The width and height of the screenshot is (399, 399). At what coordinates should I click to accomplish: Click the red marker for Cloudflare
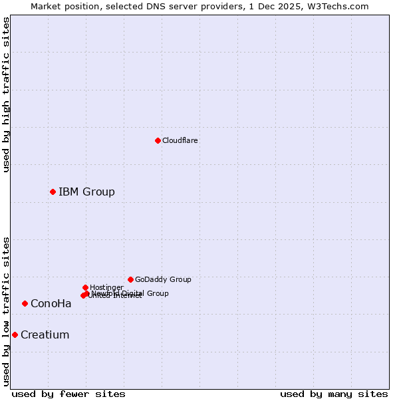(158, 140)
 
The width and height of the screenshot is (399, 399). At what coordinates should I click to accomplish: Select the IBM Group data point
(53, 192)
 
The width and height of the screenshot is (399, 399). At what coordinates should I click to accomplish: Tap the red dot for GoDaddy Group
(130, 279)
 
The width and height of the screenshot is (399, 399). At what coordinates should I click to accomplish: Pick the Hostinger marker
(85, 287)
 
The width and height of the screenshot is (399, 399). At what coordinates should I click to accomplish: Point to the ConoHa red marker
(25, 303)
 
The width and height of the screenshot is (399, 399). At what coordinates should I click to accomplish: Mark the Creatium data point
(15, 334)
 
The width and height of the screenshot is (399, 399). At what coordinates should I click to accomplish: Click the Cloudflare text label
(180, 140)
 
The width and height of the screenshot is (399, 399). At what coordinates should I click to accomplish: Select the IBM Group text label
(86, 192)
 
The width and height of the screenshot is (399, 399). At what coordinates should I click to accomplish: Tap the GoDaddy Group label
(163, 279)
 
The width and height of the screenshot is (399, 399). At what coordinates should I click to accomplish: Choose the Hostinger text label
(106, 287)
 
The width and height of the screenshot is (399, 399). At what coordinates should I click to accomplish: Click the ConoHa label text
(51, 304)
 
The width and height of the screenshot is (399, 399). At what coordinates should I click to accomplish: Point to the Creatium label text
(45, 335)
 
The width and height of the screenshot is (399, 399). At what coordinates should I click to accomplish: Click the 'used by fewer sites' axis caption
(68, 394)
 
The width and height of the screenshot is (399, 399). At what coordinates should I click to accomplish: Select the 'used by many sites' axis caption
(334, 394)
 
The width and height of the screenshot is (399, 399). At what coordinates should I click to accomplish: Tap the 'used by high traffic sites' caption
(6, 94)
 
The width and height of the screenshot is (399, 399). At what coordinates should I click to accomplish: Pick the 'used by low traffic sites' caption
(6, 311)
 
